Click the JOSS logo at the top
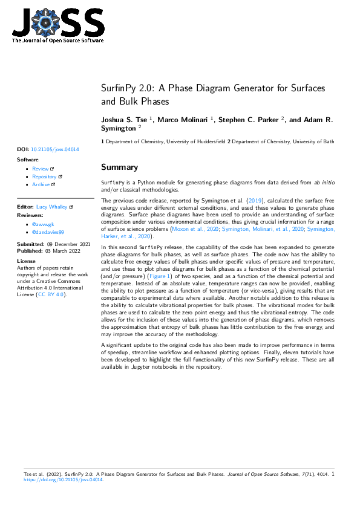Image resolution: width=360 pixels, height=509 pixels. [57, 25]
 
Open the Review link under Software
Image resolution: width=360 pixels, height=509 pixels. [41, 169]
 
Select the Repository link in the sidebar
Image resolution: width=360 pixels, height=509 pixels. [44, 177]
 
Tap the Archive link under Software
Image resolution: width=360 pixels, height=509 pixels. [41, 184]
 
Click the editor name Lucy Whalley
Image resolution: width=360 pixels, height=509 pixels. [53, 207]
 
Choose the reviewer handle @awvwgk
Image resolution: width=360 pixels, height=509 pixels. [43, 224]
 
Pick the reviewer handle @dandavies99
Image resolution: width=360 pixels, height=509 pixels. [48, 232]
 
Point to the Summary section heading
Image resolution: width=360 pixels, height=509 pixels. [119, 167]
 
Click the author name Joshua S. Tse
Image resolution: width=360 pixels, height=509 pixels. [125, 120]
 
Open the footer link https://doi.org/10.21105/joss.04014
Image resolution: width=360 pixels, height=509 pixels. [64, 480]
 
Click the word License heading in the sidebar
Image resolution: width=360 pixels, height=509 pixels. [27, 261]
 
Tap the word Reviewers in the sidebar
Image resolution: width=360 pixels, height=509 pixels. [30, 215]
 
